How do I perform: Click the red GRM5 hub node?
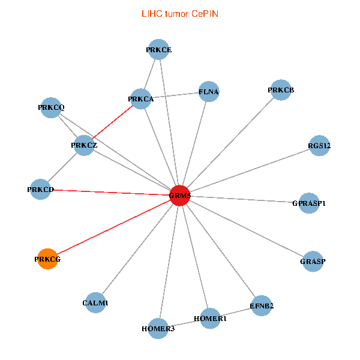coord(180,195)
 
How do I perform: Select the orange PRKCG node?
coord(47,259)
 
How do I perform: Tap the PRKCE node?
coord(159,50)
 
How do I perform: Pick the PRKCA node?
coord(140,99)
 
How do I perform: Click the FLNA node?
coord(208,92)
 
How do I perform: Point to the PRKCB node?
coord(280,91)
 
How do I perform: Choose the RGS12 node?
coord(319,146)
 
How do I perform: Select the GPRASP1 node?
coord(308,203)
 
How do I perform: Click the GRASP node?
coord(313,261)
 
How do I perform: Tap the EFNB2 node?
coord(262,306)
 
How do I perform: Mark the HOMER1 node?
coord(209,319)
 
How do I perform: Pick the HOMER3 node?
coord(158,328)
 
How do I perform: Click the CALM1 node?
coord(95,303)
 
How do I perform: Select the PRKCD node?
coord(41,190)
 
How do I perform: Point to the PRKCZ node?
coord(83,145)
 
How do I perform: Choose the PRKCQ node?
coord(51,107)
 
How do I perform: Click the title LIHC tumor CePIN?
coord(179,13)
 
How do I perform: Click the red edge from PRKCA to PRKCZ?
coord(112,122)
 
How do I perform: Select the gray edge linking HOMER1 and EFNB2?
coord(236,312)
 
